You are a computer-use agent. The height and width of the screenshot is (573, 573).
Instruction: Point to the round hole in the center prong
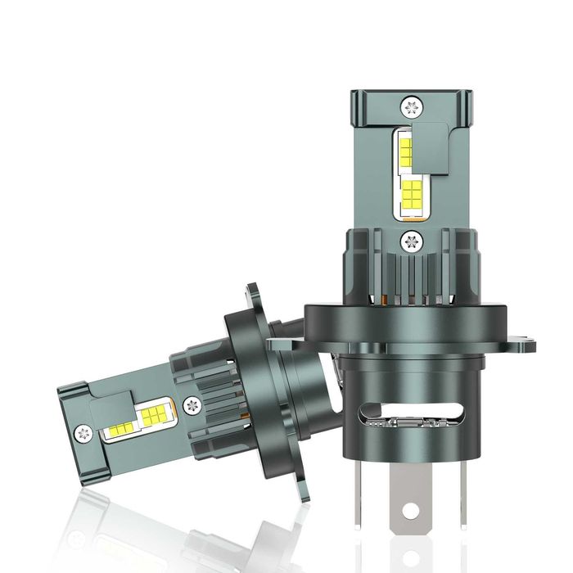411,512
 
